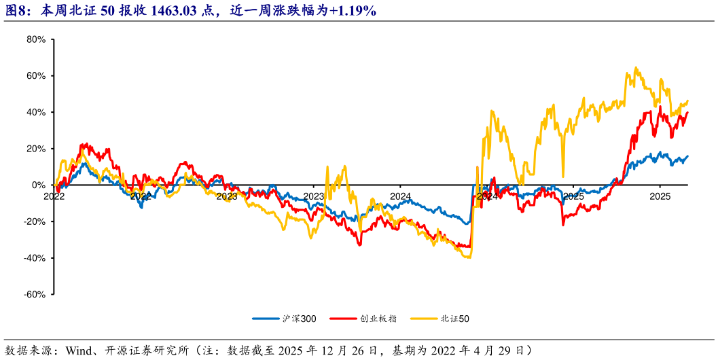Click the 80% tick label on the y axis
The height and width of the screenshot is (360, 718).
(35, 39)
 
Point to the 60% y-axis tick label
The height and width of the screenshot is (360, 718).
(35, 76)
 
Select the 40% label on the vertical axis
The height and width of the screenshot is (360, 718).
(35, 112)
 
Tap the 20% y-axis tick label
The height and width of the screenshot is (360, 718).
(35, 149)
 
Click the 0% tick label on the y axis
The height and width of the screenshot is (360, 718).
(38, 185)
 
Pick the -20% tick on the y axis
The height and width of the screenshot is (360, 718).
(34, 221)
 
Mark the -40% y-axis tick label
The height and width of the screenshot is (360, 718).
(34, 258)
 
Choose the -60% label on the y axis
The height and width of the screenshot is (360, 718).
(34, 294)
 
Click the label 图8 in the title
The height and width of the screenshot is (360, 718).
(17, 11)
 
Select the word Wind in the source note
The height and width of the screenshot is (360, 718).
(79, 350)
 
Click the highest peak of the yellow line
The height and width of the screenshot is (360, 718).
(635, 67)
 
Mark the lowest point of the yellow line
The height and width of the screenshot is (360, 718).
(467, 257)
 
